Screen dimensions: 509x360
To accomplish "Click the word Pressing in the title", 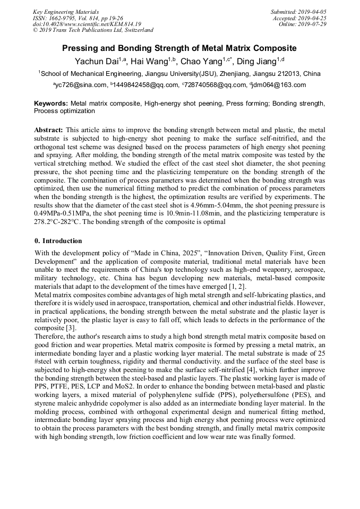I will (x=81, y=48).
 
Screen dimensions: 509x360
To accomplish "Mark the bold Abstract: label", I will (x=49, y=130).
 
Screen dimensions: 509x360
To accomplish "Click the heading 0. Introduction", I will (x=58, y=241).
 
